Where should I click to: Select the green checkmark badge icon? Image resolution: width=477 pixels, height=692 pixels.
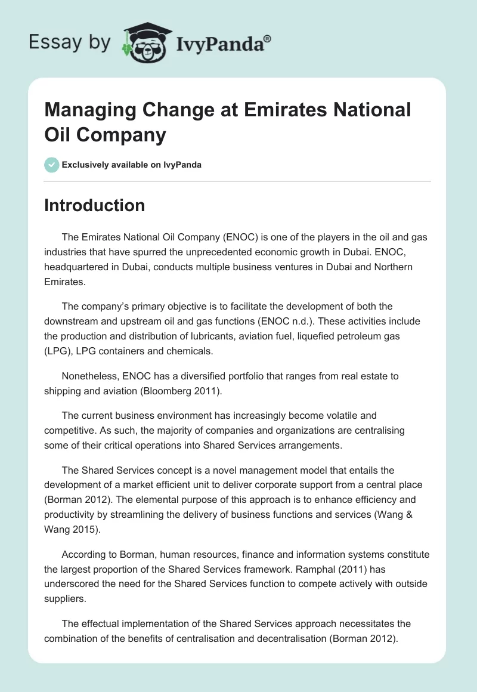coord(51,165)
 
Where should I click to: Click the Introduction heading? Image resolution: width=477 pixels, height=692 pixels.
coord(94,205)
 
